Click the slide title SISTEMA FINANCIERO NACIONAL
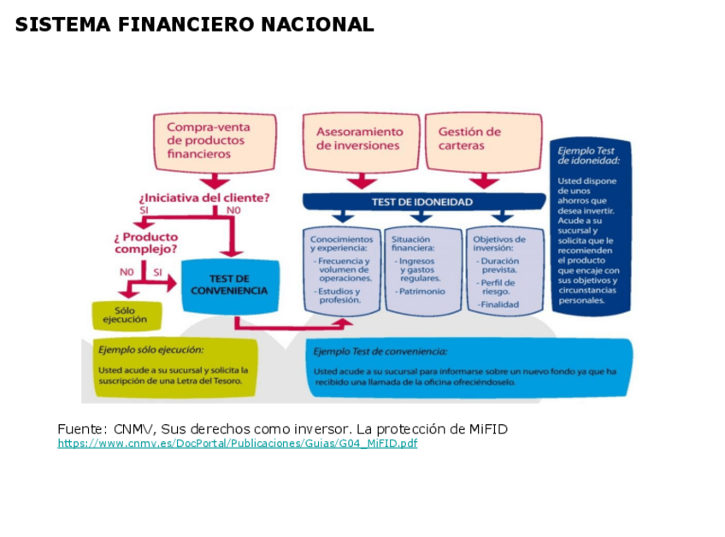[194, 25]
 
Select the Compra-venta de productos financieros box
[215, 141]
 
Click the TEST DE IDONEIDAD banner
[422, 202]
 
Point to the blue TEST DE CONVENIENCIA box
[229, 285]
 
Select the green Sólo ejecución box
[126, 316]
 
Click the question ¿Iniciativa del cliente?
[204, 197]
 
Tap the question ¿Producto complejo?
[146, 243]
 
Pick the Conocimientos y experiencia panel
[341, 269]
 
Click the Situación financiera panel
[421, 269]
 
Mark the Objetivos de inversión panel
[504, 269]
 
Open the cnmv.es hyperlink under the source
[238, 444]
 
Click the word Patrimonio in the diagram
[421, 291]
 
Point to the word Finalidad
[500, 304]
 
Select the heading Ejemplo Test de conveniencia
[380, 351]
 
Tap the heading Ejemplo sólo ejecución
[151, 350]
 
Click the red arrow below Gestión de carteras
[485, 180]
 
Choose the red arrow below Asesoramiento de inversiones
[362, 180]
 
